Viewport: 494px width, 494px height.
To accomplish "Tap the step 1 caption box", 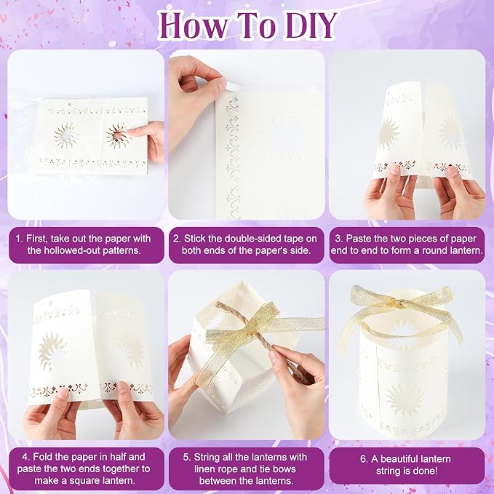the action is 87,244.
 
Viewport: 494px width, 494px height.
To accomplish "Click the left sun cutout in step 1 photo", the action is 65,136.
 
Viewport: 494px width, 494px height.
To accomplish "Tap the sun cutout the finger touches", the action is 118,136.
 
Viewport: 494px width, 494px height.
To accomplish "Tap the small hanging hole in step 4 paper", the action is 49,303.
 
